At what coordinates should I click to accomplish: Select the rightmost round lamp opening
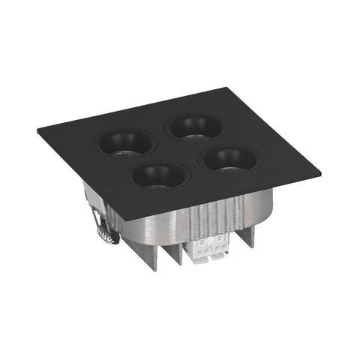pos(230,158)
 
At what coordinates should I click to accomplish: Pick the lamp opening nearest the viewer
pos(157,175)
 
